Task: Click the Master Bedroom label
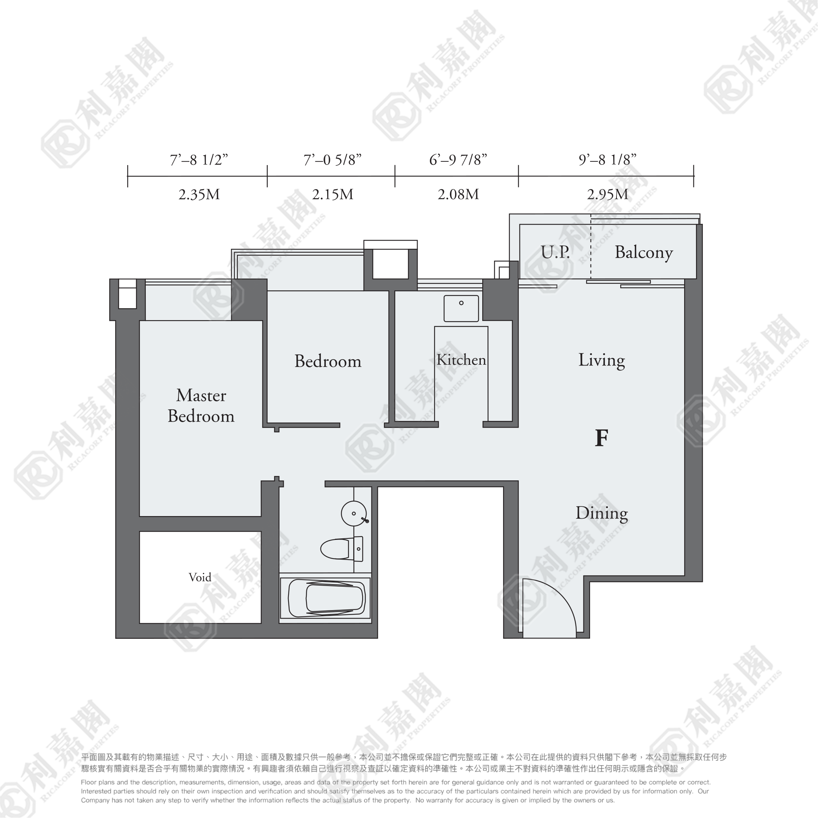pos(201,406)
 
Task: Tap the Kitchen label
pos(461,360)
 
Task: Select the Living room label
pos(601,360)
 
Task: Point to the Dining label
pos(601,513)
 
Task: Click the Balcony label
pos(644,253)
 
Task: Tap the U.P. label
pos(555,252)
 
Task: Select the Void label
pos(200,577)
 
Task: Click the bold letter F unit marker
pos(601,438)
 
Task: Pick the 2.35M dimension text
pos(199,195)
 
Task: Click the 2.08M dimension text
pos(458,195)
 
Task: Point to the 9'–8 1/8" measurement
pos(607,160)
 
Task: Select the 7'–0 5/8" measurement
pos(332,160)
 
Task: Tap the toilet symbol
pos(342,549)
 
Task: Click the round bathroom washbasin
pos(354,513)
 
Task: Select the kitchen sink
pos(461,309)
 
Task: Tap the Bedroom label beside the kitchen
pos(328,361)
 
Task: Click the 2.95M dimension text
pos(607,195)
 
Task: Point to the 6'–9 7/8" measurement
pos(458,160)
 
